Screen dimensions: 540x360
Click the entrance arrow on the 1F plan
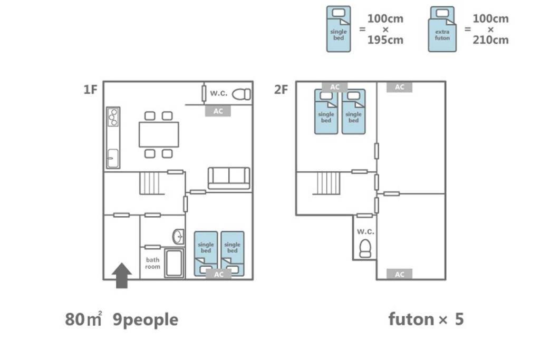pyautogui.click(x=122, y=275)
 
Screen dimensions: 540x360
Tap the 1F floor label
pyautogui.click(x=91, y=90)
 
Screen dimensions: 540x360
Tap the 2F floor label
pyautogui.click(x=281, y=90)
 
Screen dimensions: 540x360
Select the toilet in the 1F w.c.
pyautogui.click(x=242, y=94)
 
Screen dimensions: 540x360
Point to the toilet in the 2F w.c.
pyautogui.click(x=365, y=248)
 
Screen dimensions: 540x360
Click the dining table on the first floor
pyautogui.click(x=159, y=134)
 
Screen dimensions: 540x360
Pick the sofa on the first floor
pyautogui.click(x=229, y=178)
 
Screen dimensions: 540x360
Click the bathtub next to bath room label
pyautogui.click(x=173, y=263)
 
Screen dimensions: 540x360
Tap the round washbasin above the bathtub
pyautogui.click(x=178, y=237)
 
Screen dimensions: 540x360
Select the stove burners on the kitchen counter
pyautogui.click(x=113, y=117)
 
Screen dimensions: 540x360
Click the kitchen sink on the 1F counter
pyautogui.click(x=113, y=158)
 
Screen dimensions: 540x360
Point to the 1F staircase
pyautogui.click(x=150, y=183)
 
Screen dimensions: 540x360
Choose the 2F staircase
pyautogui.click(x=327, y=183)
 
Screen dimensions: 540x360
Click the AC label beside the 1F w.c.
pyautogui.click(x=218, y=111)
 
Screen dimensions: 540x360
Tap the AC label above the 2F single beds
pyautogui.click(x=335, y=87)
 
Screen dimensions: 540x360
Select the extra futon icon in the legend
pyautogui.click(x=442, y=30)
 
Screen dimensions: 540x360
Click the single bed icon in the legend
pyautogui.click(x=339, y=30)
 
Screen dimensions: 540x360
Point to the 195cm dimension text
pyautogui.click(x=385, y=40)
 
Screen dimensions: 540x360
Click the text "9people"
pyautogui.click(x=146, y=320)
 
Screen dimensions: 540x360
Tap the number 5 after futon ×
pyautogui.click(x=459, y=319)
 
